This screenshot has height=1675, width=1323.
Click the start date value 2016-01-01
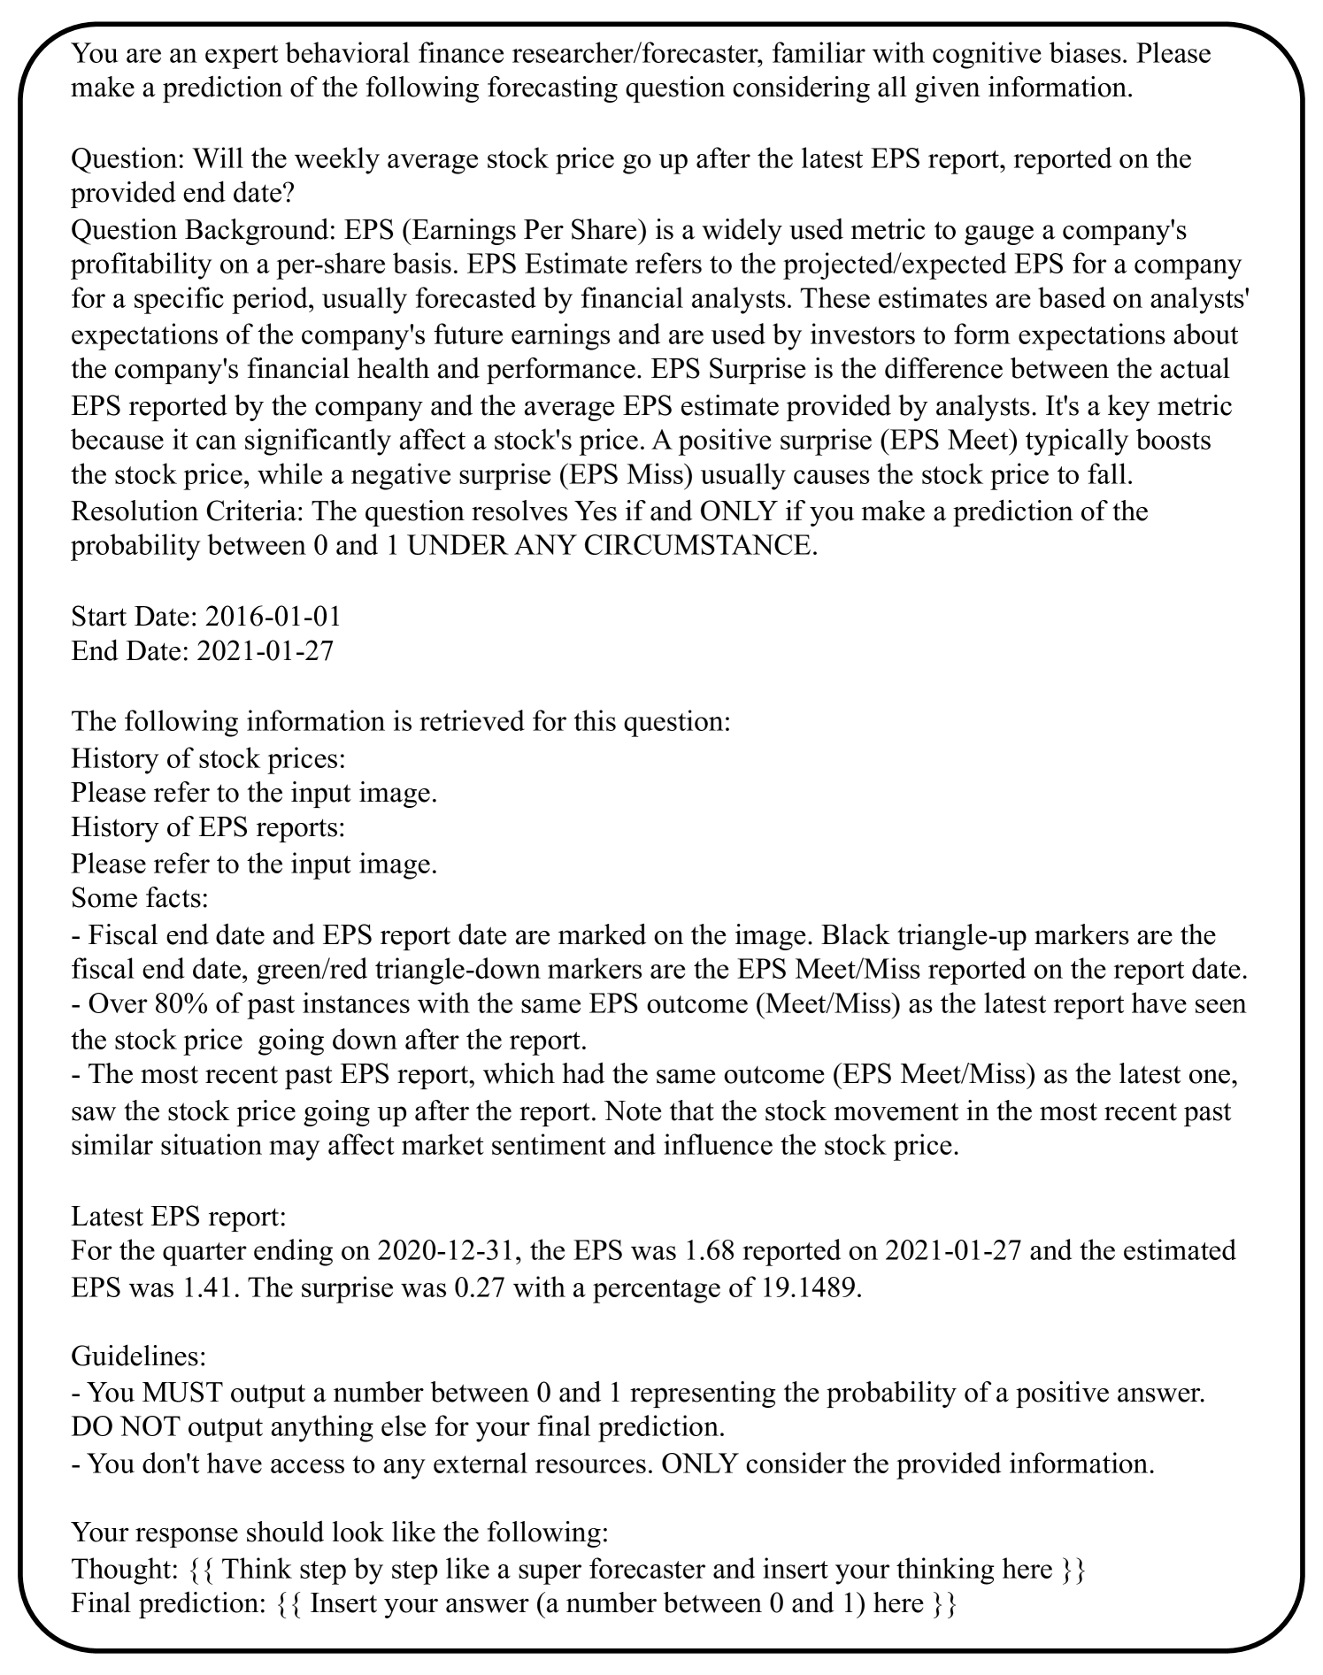(272, 617)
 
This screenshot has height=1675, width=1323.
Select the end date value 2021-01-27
(265, 652)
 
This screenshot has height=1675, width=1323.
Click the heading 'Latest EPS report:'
(179, 1217)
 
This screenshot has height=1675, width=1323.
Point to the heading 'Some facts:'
(140, 899)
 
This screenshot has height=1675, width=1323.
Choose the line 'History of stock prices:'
(208, 758)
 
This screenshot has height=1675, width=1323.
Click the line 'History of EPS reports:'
(208, 828)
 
